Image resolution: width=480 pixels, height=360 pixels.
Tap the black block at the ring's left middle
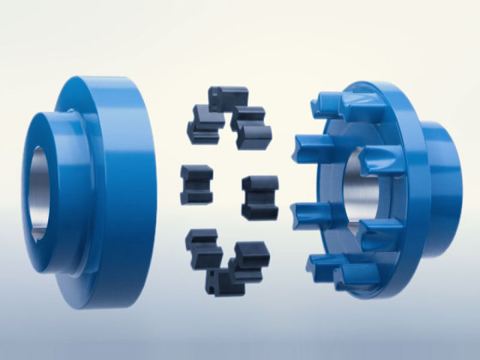point(195,183)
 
